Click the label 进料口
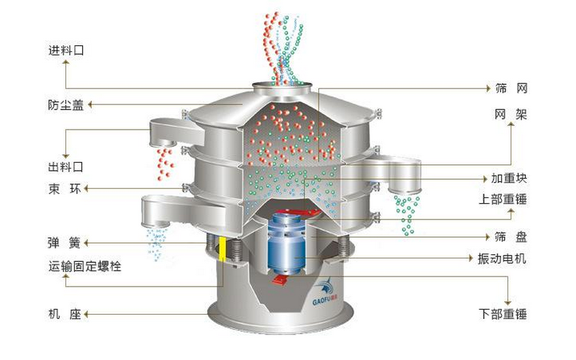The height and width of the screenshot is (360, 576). (66, 50)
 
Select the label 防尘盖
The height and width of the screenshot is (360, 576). (66, 105)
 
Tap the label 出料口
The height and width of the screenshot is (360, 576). (66, 167)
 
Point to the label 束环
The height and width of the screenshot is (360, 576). (65, 189)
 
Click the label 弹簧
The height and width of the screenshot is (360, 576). (64, 243)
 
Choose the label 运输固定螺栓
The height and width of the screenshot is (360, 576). (85, 266)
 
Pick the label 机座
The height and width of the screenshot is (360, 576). (65, 314)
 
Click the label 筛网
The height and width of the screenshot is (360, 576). (511, 88)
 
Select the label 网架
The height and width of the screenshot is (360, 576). (511, 114)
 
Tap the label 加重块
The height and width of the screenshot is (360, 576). (509, 178)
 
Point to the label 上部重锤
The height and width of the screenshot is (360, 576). (503, 199)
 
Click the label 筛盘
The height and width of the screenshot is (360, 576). (511, 237)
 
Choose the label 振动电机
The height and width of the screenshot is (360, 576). (502, 258)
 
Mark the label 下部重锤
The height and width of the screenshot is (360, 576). (503, 314)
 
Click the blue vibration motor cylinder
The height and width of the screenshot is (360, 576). (287, 243)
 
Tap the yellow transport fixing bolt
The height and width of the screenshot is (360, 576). (222, 248)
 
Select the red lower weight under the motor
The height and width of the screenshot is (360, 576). (280, 279)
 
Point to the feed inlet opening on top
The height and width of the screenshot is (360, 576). (282, 86)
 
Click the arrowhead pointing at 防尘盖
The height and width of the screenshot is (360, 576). (90, 105)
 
